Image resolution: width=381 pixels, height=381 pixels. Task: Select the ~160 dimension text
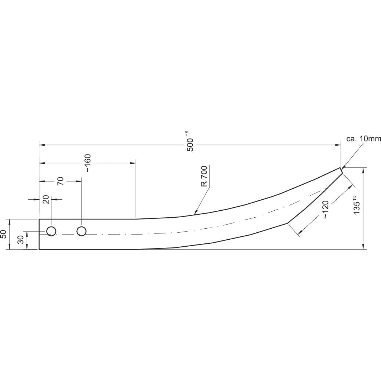88,163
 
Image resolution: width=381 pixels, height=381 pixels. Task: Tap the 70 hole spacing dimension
61,181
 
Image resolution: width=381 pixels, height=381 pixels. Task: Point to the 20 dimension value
46,199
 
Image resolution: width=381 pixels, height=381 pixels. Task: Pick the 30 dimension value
21,240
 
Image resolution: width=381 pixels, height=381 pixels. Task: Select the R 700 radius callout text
204,176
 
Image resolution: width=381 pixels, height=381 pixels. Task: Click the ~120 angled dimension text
326,211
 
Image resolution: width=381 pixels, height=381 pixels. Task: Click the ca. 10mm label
363,139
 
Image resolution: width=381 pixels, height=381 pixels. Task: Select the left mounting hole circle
51,231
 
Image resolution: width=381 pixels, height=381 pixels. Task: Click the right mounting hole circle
81,231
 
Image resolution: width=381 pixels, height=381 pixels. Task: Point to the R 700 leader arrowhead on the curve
195,213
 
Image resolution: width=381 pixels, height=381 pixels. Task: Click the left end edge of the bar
39,234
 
